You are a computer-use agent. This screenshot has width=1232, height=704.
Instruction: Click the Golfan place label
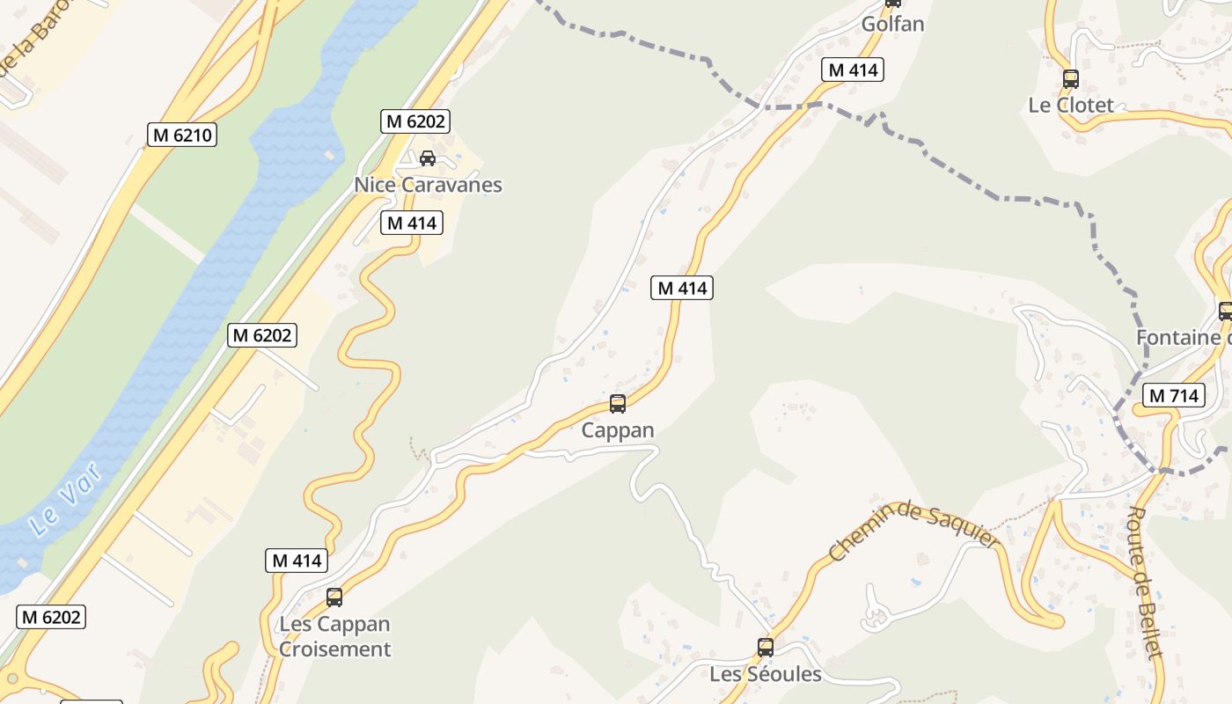[892, 24]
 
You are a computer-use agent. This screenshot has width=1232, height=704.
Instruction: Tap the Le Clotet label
[1071, 105]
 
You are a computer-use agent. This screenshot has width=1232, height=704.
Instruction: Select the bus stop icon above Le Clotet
[1071, 79]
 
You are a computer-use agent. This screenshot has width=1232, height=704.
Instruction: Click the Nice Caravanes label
[428, 185]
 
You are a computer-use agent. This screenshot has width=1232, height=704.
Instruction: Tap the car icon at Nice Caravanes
[428, 158]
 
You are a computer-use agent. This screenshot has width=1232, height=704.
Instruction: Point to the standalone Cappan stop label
[618, 430]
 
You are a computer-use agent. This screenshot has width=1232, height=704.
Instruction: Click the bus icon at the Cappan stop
[618, 404]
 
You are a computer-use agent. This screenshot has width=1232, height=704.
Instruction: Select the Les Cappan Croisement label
[334, 636]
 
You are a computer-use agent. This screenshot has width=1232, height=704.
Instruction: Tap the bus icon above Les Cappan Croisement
[334, 598]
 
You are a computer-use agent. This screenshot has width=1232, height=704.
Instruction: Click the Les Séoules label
[766, 674]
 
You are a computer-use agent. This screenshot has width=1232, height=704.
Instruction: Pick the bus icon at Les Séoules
[766, 648]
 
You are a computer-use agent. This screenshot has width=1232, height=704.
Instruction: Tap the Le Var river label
[65, 499]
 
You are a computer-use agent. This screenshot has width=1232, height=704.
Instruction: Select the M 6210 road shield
[181, 135]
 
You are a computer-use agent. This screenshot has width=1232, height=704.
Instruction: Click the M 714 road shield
[1174, 396]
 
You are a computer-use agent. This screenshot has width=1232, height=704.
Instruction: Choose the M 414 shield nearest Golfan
[852, 70]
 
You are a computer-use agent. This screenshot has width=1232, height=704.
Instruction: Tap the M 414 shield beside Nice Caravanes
[412, 223]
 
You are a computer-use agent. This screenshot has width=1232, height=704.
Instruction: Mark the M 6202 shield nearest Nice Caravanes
[415, 121]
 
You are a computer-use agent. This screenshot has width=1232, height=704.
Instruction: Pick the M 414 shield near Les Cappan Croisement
[297, 561]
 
